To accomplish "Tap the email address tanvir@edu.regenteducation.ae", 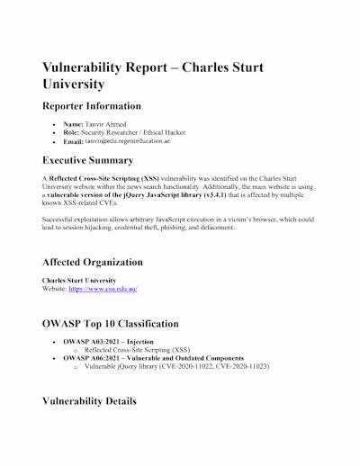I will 134,141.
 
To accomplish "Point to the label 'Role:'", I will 74,132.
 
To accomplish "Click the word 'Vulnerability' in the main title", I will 93,69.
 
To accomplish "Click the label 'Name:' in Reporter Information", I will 76,123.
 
